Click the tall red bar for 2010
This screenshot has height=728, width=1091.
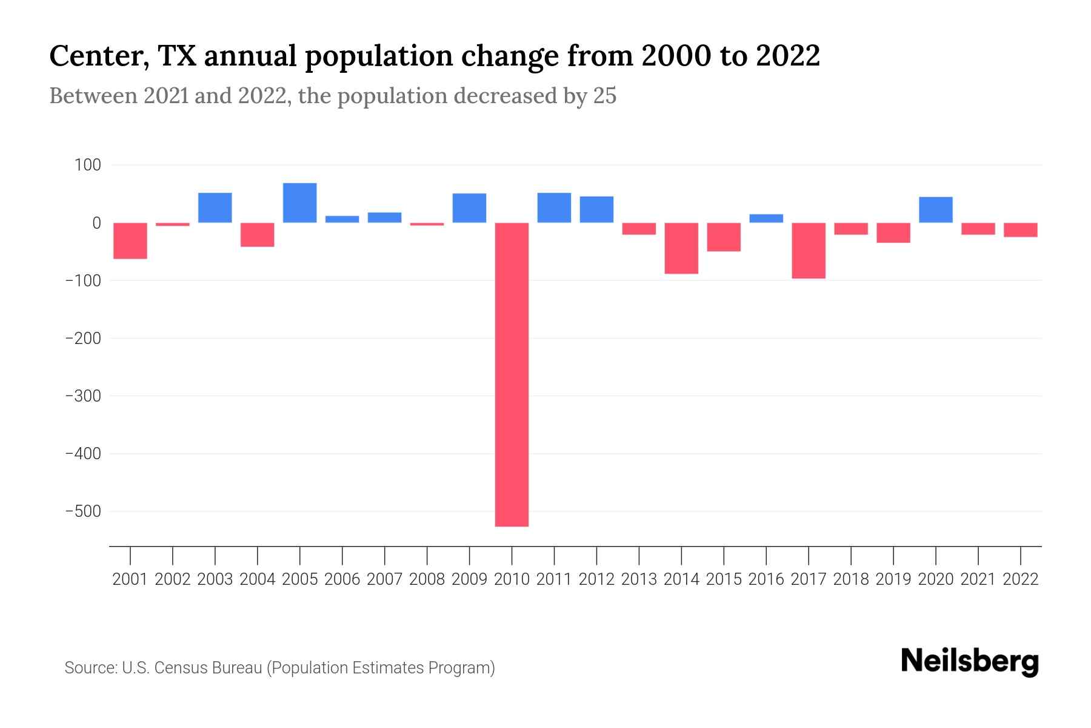click(512, 374)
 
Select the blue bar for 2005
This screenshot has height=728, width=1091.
click(299, 203)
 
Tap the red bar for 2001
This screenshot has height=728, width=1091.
click(130, 241)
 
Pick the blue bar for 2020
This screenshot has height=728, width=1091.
click(935, 210)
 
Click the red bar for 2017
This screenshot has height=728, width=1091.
click(808, 251)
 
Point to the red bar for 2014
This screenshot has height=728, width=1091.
click(681, 248)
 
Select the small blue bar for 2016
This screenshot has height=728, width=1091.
click(766, 218)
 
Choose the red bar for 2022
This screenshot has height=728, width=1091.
click(1020, 230)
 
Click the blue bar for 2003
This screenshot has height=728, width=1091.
click(215, 207)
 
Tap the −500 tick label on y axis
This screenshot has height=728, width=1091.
click(83, 511)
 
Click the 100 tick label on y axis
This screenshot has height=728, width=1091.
click(88, 165)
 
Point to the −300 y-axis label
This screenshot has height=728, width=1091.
click(83, 396)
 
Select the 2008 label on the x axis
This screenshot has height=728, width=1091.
click(427, 579)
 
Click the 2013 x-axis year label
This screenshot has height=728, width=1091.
click(639, 579)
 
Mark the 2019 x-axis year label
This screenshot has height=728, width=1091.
click(893, 579)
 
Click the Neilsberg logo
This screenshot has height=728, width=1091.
click(970, 662)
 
